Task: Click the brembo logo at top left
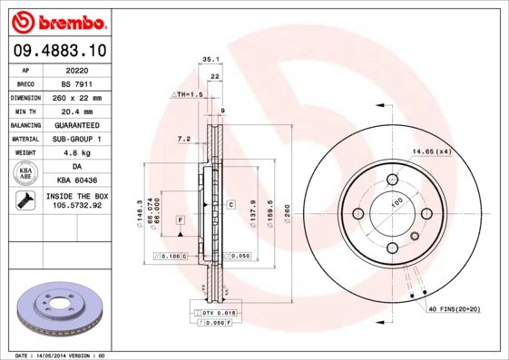pos(61,20)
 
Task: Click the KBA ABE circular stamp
pos(26,174)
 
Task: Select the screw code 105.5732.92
pos(77,206)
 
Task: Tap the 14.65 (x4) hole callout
pos(432,151)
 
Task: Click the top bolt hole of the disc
pos(395,179)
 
